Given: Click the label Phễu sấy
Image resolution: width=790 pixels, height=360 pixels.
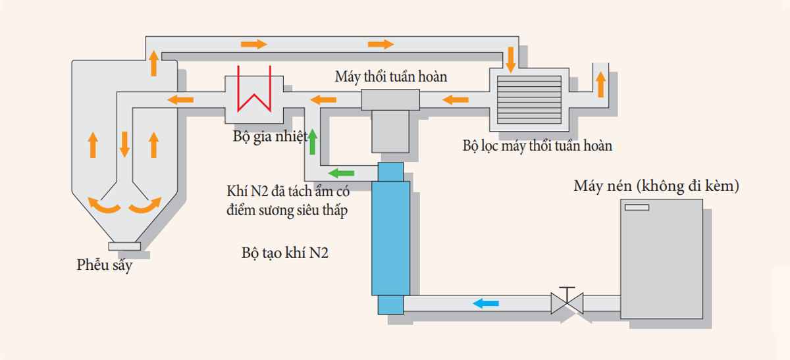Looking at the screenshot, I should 104,267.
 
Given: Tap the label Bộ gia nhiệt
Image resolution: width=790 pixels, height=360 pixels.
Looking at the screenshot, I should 270,138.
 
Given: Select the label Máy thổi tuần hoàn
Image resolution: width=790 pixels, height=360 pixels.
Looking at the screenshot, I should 391,77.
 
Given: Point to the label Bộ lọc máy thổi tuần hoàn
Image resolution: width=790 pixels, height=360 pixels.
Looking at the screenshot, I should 537,145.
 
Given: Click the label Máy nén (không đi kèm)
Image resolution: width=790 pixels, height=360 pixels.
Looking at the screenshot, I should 656,186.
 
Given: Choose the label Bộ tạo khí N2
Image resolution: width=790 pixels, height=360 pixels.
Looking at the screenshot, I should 285,253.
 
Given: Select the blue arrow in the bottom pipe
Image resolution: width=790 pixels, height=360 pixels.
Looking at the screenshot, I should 487,303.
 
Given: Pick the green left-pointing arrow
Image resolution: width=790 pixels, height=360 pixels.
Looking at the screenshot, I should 341,173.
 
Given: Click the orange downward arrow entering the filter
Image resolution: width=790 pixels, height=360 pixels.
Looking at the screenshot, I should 510,59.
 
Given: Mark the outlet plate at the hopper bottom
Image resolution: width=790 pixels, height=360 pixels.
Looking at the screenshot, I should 124,245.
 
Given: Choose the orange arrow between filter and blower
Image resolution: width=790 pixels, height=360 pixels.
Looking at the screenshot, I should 455,100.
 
